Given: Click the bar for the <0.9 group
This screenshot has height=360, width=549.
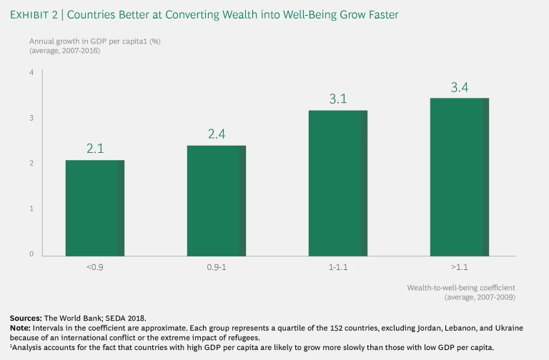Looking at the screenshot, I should (x=95, y=208).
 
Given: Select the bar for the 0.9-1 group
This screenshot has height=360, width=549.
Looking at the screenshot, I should (x=217, y=201).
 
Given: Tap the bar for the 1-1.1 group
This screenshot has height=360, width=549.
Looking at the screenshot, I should (x=338, y=183).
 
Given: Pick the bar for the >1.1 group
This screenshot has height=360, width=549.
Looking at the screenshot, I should (x=460, y=176).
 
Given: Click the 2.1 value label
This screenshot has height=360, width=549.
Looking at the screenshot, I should (x=95, y=149).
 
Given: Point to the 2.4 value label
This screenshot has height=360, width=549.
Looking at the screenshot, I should (x=217, y=134).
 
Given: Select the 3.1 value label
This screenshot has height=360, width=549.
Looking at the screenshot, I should (x=338, y=99).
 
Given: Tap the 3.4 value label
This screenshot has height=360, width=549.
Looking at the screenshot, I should (x=460, y=87).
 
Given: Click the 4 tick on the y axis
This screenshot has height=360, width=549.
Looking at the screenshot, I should (x=31, y=73).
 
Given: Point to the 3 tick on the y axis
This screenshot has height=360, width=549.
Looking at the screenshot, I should (x=31, y=118).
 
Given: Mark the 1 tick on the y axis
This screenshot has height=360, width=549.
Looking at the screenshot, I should (x=31, y=209).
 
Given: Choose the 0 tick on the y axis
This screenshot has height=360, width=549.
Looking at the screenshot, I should (x=31, y=254).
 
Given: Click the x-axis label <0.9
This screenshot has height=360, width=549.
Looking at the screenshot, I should (x=95, y=269).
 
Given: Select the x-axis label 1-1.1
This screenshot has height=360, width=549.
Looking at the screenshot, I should (x=338, y=269).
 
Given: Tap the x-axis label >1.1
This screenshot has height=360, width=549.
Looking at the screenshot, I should (x=460, y=269).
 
